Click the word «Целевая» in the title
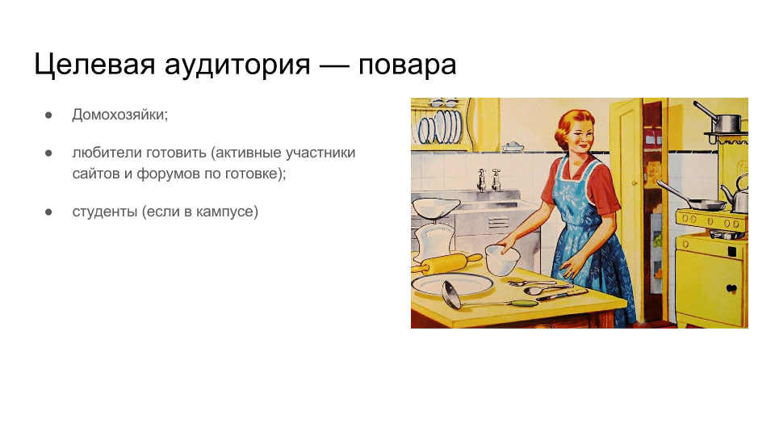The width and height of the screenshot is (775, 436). coord(94,65)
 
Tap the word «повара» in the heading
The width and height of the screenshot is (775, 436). coord(407,65)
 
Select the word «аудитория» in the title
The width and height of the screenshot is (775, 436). coord(237,65)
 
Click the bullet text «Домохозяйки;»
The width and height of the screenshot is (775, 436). coord(120,115)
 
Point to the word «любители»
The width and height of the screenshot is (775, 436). coord(104,153)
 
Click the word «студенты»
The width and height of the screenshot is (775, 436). coord(105,212)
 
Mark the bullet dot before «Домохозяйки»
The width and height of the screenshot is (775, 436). coord(48,115)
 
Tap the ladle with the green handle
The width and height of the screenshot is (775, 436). coord(487,298)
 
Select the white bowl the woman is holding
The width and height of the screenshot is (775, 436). coord(502,260)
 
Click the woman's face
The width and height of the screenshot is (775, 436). coord(578,135)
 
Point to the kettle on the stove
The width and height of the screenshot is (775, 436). coord(737,195)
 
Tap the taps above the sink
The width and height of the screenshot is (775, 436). coord(489,180)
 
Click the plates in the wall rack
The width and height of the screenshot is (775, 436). coord(440,127)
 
